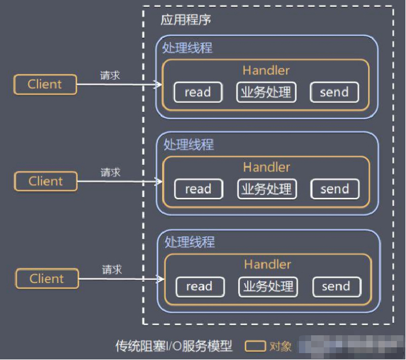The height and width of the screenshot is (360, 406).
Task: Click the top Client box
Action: click(45, 84)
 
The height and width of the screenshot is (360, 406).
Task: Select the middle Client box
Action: click(45, 181)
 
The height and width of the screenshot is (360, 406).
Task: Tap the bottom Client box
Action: click(47, 279)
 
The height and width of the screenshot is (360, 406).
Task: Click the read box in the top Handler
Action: click(198, 92)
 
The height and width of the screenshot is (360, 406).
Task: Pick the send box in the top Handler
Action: click(334, 92)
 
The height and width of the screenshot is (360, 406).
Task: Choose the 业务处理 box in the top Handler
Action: click(266, 92)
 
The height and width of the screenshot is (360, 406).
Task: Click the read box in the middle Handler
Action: click(198, 189)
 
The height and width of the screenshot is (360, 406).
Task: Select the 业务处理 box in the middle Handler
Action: click(267, 189)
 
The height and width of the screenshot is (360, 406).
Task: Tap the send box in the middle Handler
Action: click(335, 189)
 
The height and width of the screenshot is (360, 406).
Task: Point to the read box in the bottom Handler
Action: click(200, 286)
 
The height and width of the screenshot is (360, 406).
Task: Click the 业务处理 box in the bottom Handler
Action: click(268, 286)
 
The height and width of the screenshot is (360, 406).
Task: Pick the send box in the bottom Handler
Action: click(336, 286)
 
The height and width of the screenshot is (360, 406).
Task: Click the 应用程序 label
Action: click(186, 20)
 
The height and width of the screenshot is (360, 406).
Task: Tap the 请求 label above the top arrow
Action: click(110, 75)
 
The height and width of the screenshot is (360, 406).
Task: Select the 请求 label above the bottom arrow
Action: click(112, 270)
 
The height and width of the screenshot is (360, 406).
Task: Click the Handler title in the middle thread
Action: click(266, 167)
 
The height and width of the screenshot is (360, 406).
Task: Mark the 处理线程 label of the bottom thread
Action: click(189, 242)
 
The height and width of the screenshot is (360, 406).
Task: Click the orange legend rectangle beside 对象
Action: click(255, 346)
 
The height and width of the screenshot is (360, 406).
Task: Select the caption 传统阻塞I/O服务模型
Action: click(174, 346)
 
